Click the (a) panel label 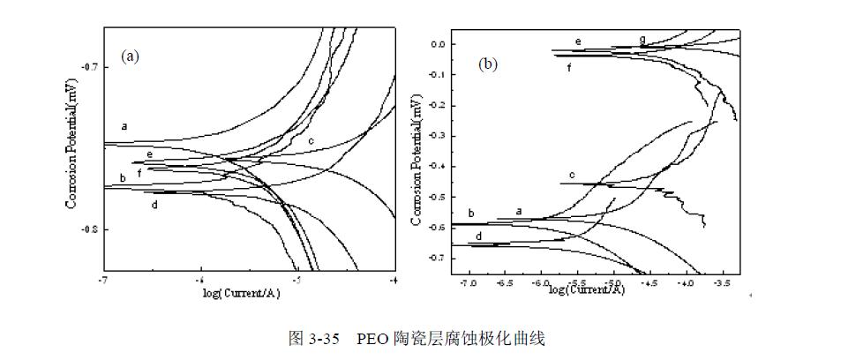131,56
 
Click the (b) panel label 489,64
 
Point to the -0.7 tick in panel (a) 89,66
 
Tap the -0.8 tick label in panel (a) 89,229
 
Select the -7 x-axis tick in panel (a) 104,280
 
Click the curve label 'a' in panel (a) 124,126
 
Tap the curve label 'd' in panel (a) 154,205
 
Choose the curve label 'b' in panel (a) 123,179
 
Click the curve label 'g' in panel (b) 642,40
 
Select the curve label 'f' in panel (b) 569,66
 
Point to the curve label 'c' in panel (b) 572,175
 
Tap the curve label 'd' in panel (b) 477,236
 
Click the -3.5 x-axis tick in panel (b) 721,284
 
